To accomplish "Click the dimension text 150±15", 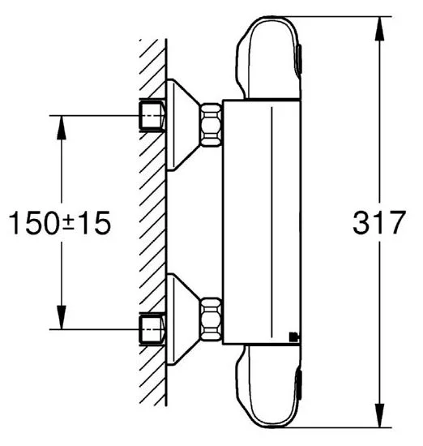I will click(x=58, y=223).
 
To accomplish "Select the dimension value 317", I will click(x=378, y=223).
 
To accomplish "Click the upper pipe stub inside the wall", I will click(x=151, y=117).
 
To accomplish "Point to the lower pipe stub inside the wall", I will click(x=151, y=329).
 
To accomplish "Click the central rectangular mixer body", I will click(x=261, y=223).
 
